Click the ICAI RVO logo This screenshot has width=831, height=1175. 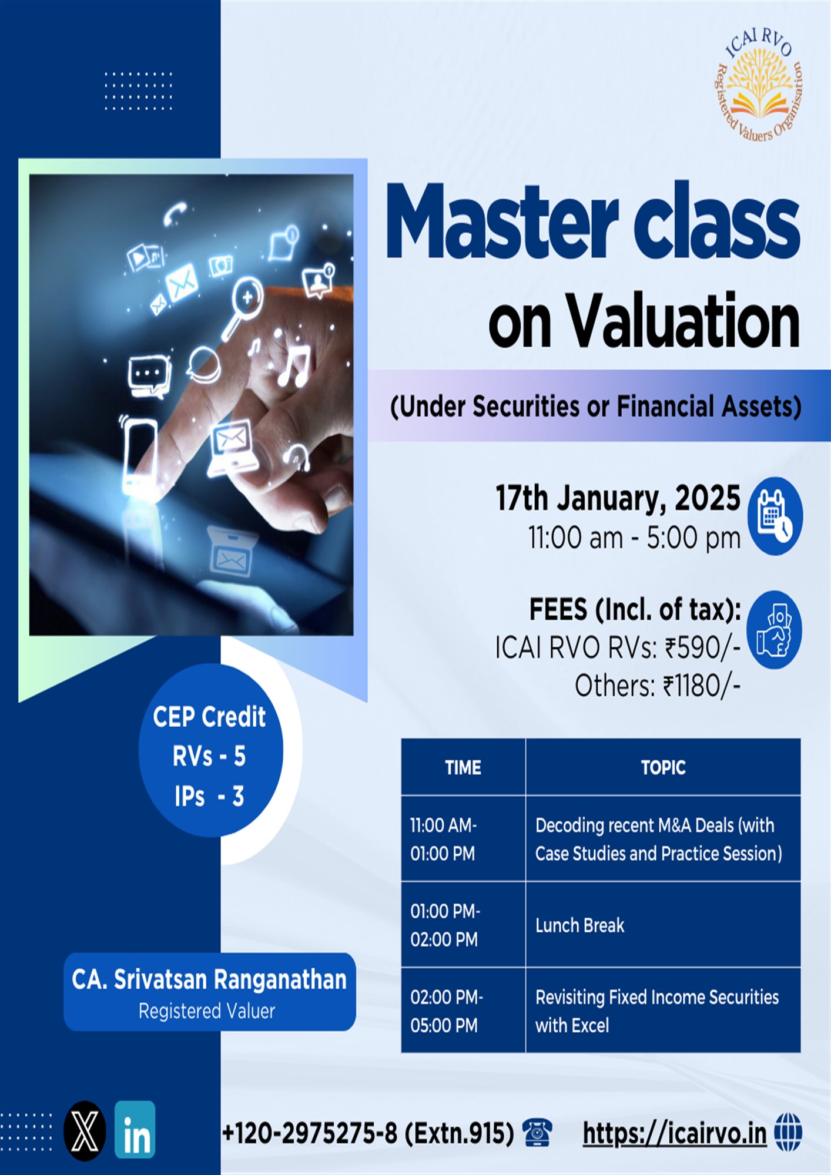coord(759,85)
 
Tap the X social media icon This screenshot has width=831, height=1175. coord(85,1131)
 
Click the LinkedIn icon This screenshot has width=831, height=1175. coord(135,1130)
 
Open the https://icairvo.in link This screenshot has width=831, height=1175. coord(675,1133)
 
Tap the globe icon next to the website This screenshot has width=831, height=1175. coord(788,1132)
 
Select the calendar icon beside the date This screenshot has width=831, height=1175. coord(775,516)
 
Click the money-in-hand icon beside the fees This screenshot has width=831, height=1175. coord(775,630)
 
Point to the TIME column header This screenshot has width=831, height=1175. coord(463,767)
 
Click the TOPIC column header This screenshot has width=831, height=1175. coord(664,767)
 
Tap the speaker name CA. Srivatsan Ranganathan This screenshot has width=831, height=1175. coord(209,979)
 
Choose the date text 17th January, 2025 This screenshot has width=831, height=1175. coord(618,498)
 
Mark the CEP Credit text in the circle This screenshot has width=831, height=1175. coord(209,717)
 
